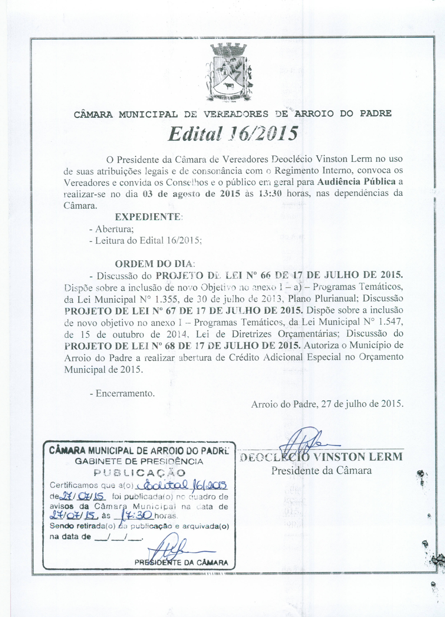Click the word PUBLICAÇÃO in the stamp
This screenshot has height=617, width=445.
tap(139, 473)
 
